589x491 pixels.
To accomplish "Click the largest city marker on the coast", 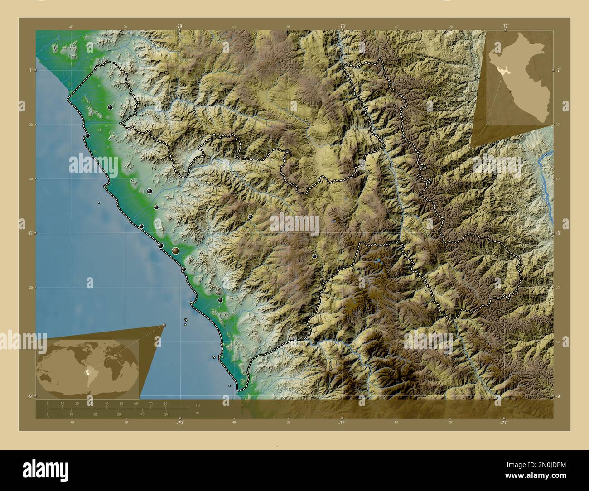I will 175,250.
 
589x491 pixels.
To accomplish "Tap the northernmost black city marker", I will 110,107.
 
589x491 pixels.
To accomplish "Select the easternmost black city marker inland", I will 314,256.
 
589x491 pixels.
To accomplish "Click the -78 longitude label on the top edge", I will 342,26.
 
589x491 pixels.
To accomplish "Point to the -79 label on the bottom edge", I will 180,423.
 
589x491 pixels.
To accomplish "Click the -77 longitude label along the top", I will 504,26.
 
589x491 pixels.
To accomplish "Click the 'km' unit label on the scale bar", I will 198,405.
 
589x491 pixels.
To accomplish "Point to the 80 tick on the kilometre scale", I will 165,403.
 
